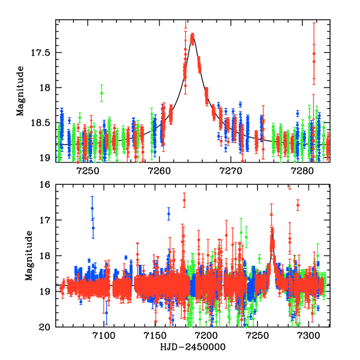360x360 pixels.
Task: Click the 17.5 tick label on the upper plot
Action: point(41,52)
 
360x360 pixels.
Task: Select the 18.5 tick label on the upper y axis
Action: point(41,123)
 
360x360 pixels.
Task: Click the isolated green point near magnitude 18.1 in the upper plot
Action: point(102,93)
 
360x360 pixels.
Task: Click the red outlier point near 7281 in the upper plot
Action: point(314,54)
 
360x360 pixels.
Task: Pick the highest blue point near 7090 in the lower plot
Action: point(92,208)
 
